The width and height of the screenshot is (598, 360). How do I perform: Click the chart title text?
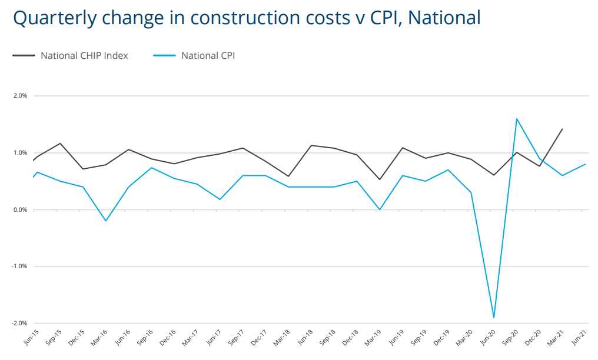(247, 18)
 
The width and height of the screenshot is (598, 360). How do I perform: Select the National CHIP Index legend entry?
(84, 56)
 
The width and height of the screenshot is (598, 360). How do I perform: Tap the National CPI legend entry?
(208, 56)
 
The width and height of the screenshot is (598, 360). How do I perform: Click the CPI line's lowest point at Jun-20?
(494, 318)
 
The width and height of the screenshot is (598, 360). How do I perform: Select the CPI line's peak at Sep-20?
(517, 119)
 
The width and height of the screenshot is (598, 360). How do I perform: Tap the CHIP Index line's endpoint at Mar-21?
(562, 129)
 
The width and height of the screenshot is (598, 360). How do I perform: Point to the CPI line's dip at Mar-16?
(106, 221)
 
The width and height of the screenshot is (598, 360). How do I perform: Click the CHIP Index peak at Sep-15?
(60, 143)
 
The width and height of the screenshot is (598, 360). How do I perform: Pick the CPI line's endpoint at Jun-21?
(585, 164)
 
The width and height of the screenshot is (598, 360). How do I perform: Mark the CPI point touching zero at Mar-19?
(380, 209)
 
